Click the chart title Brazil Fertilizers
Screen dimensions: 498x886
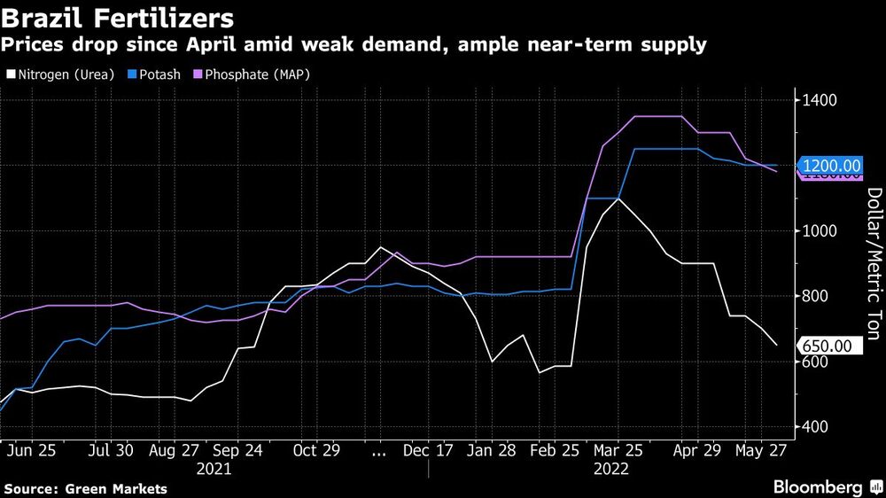[x=118, y=18]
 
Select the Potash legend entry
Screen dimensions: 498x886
[x=156, y=74]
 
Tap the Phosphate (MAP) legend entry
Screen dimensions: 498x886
[x=253, y=74]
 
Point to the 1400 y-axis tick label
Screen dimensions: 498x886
[x=821, y=100]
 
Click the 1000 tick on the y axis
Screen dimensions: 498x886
[x=821, y=231]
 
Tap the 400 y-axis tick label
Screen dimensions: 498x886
[x=819, y=427]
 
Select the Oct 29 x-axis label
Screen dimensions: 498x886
[x=316, y=450]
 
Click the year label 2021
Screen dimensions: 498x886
[x=214, y=468]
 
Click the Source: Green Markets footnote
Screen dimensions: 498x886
[x=85, y=488]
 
